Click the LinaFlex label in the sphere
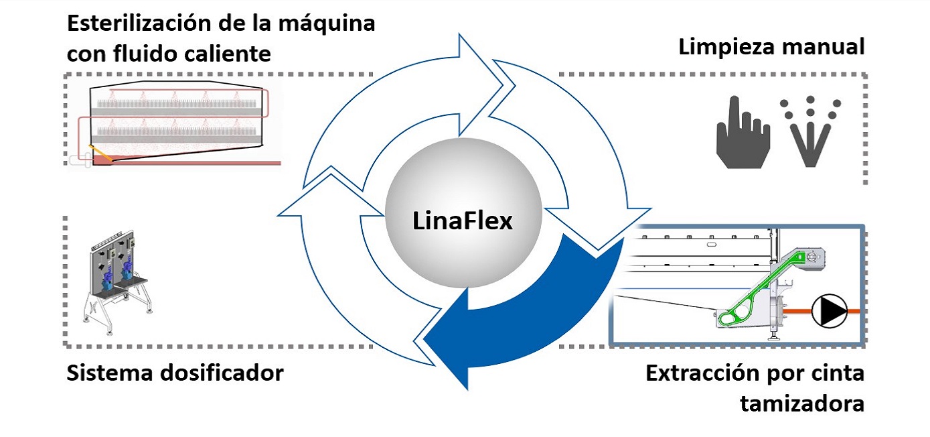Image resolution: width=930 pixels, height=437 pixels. (x=462, y=220)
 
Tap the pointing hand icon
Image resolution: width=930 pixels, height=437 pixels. (x=743, y=132)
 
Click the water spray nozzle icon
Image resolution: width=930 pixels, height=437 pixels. (x=810, y=132)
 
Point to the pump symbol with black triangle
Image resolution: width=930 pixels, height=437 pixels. (x=830, y=311)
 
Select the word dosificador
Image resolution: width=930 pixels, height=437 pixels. (x=222, y=373)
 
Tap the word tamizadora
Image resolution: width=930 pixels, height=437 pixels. (x=802, y=403)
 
